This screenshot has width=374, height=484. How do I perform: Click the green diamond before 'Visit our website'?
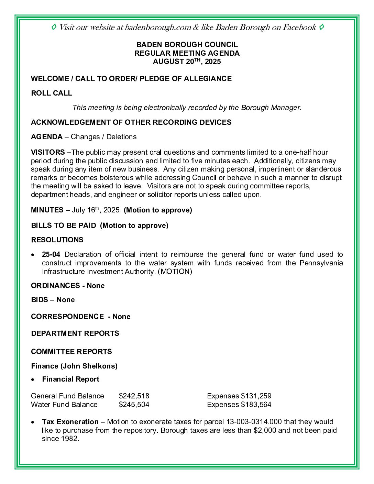pos(54,27)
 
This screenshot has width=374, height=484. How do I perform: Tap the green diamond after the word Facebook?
pos(321,27)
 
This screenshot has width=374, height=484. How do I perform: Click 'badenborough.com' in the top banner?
pos(158,27)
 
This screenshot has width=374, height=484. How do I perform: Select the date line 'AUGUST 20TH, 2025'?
pos(187,62)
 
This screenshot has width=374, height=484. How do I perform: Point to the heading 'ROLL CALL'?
pos(52,93)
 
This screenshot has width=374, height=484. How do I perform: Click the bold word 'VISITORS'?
pos(48,152)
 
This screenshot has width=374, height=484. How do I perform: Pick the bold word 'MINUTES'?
pos(47,210)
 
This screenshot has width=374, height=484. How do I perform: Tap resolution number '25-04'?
pos(51,254)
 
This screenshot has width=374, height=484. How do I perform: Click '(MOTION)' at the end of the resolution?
pos(175,272)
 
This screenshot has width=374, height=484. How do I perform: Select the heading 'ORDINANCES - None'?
pos(68,286)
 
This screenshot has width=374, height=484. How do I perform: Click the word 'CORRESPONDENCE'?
pos(67,317)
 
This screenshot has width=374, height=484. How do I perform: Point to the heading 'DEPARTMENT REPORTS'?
pos(75,333)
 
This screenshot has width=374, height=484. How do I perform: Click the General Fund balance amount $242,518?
pos(134,396)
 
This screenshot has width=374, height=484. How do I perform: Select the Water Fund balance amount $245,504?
pos(134,405)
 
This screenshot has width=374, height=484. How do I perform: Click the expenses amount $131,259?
pos(256,396)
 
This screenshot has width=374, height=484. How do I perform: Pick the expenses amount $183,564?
pos(256,405)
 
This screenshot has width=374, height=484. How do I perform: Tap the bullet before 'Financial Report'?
pos(33,379)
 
